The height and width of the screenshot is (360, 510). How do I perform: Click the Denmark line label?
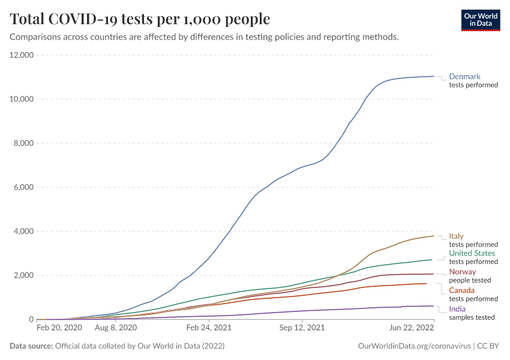point(464,77)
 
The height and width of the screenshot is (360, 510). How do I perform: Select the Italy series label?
point(456,236)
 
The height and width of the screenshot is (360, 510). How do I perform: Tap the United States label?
point(472,253)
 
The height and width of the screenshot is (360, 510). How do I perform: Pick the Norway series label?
point(462,272)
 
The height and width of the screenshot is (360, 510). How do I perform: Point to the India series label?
point(457,309)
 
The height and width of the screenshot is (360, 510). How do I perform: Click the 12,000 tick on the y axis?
point(21,55)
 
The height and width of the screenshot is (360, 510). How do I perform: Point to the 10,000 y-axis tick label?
point(21,99)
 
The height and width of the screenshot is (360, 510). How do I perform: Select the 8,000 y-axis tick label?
point(23,143)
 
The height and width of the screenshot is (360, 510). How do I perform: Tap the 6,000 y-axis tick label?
point(23,187)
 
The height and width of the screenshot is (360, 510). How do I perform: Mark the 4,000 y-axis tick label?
point(23,232)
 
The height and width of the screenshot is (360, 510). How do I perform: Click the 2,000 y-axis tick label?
point(23,275)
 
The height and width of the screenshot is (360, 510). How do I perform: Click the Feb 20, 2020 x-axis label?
point(59,328)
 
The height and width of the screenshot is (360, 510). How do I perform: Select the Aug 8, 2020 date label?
point(116,328)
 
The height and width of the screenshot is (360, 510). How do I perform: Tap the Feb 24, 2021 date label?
point(209,328)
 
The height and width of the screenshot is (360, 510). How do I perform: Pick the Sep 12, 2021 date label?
point(302,328)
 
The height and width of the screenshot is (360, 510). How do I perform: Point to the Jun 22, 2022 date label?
point(411,328)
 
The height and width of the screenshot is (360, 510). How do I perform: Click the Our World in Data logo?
point(480,20)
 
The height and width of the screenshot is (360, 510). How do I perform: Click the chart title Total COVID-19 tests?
point(140,19)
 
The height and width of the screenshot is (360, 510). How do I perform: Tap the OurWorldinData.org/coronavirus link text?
point(413,346)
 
